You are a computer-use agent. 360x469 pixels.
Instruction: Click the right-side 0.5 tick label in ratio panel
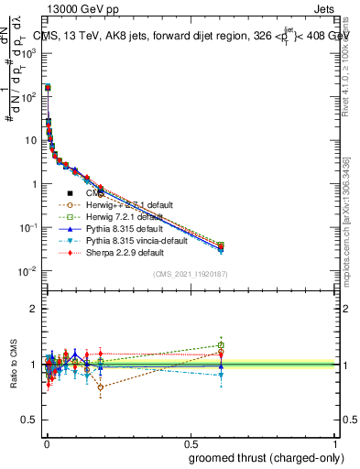point(348,420)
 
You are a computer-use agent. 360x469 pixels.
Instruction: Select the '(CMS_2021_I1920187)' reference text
point(190,274)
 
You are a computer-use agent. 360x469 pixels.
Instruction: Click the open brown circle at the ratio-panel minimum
point(100,387)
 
